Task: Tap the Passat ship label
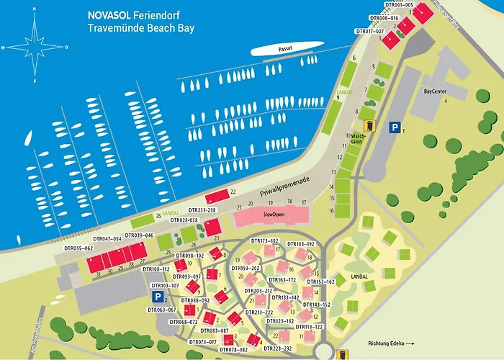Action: click(x=287, y=48)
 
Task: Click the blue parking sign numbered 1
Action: click(x=394, y=127)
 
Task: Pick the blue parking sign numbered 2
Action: click(x=156, y=297)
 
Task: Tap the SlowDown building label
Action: click(x=274, y=215)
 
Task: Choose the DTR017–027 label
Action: click(x=371, y=31)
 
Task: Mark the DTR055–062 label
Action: click(x=78, y=248)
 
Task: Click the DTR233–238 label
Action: click(x=200, y=210)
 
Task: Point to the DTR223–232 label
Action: click(x=278, y=348)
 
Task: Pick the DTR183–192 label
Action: click(x=301, y=244)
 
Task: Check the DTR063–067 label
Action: click(x=161, y=310)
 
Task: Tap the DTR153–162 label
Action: click(x=320, y=282)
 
